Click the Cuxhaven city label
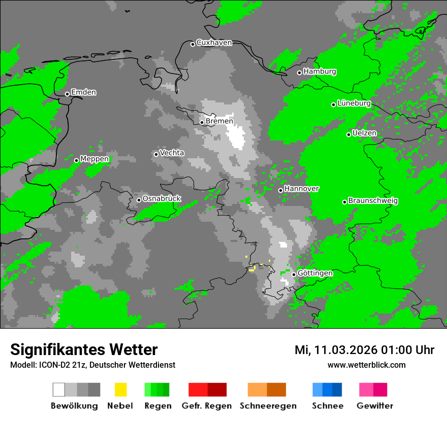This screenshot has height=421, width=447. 214,43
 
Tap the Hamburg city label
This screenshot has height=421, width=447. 320,72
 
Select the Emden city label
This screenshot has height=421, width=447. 83,92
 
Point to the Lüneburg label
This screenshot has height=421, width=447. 354,103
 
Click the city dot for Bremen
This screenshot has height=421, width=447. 202,122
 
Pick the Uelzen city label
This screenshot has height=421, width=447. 364,133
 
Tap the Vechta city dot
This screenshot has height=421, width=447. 156,154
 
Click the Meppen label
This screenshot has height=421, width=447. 94,159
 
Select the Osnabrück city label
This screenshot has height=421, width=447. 162,199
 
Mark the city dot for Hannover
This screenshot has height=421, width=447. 280,190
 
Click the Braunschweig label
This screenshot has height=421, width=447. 373,201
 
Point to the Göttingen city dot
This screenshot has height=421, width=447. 294,274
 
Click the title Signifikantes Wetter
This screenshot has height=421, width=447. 84,349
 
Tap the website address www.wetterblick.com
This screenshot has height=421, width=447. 366,365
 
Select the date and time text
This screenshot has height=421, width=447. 364,350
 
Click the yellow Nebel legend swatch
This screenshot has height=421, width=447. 120,390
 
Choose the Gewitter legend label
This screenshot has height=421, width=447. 375,406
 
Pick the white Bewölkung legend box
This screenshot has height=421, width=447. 59,390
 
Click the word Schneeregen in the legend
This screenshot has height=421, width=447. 268,406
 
